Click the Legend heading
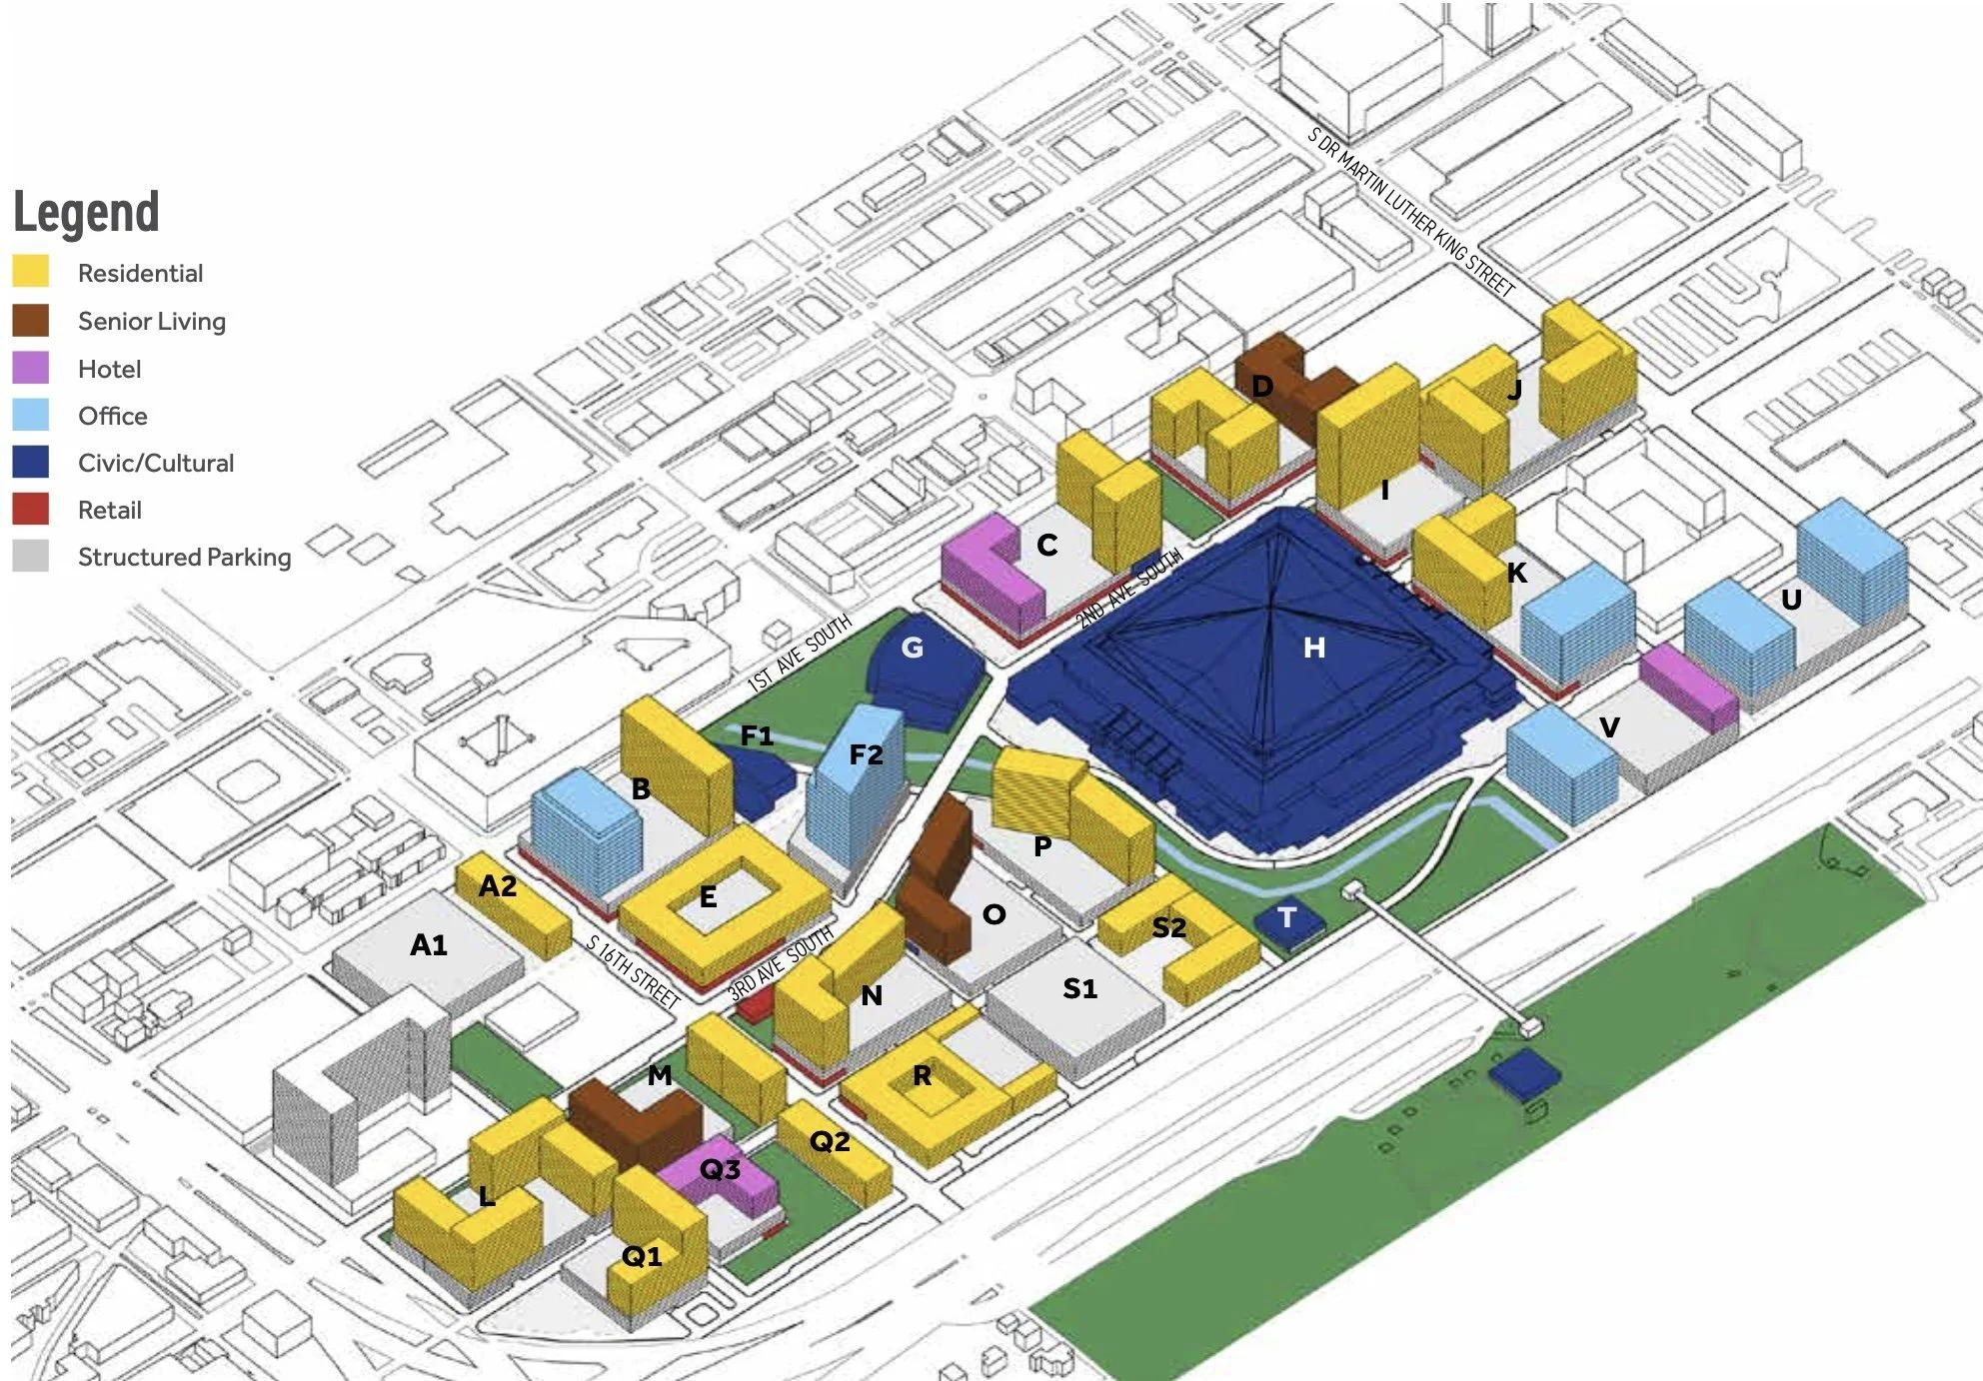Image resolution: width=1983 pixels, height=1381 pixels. (x=86, y=212)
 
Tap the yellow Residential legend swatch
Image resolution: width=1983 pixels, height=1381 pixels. (x=31, y=272)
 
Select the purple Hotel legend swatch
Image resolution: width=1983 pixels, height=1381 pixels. (x=31, y=368)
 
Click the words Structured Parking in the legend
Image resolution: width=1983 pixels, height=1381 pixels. (x=184, y=557)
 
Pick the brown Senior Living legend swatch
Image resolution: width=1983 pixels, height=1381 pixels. (x=31, y=320)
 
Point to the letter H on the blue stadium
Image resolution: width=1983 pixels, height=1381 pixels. (x=1314, y=649)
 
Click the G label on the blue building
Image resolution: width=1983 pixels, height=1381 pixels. (x=912, y=648)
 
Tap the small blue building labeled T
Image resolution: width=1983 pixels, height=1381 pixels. (x=1287, y=918)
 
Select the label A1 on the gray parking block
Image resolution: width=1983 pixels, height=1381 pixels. (x=429, y=944)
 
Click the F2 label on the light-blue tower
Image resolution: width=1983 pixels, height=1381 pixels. (x=866, y=754)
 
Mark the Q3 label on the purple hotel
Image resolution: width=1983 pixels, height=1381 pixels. (x=720, y=1168)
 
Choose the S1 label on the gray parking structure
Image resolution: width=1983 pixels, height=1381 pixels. (x=1079, y=988)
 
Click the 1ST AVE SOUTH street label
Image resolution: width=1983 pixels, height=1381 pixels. (x=800, y=654)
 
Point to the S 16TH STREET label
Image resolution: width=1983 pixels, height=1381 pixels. (x=633, y=970)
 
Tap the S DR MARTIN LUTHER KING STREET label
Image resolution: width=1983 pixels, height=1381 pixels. (x=1410, y=212)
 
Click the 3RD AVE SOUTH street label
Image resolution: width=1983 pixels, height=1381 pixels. (x=781, y=963)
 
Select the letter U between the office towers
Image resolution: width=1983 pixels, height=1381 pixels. (x=1791, y=600)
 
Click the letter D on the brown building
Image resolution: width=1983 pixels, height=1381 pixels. (x=1262, y=386)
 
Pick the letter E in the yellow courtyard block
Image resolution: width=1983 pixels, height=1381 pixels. (x=708, y=897)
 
